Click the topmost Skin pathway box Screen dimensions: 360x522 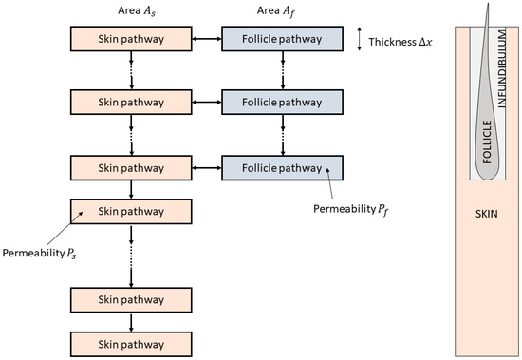131,40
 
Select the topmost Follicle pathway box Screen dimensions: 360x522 282,40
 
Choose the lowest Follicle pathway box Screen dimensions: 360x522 282,168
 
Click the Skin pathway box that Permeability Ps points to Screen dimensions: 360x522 131,211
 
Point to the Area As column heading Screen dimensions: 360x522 130,10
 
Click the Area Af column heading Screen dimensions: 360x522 281,10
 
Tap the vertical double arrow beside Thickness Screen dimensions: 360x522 359,40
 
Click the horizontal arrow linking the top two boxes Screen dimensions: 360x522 207,40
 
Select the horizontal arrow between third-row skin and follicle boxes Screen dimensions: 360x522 207,168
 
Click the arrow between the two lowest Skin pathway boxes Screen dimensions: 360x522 131,321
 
